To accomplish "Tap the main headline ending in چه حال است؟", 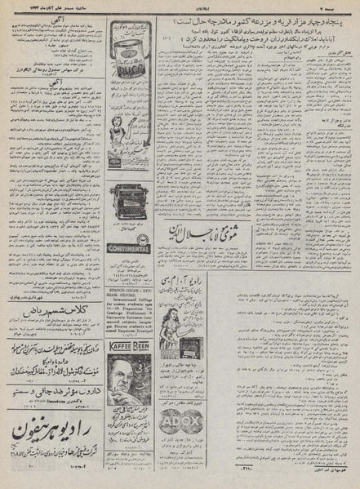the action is tap(245, 18).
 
